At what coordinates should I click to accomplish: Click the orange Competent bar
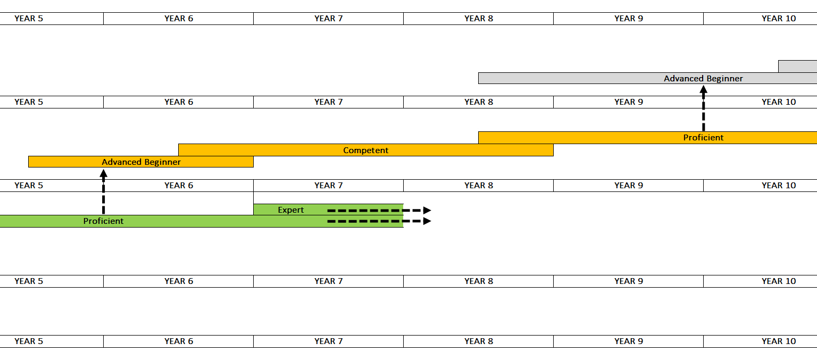point(366,150)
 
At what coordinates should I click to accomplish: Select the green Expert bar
point(328,210)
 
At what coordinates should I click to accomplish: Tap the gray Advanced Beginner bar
point(647,78)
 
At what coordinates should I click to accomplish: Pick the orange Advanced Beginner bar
point(141,162)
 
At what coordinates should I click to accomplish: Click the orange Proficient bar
point(647,138)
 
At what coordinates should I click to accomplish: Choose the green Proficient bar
point(202,221)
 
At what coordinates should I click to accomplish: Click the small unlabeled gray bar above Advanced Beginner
point(798,66)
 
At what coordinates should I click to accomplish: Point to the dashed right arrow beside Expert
point(379,211)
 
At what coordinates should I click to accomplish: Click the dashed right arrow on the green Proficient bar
point(379,221)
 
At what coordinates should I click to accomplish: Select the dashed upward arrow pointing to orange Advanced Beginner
point(104,192)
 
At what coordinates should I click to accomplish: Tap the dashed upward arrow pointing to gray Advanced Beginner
point(704,108)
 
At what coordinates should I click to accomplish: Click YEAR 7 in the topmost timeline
point(329,19)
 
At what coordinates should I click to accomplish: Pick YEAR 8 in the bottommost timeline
point(479,341)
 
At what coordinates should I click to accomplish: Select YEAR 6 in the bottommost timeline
point(179,341)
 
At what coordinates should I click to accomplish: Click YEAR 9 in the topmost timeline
point(629,19)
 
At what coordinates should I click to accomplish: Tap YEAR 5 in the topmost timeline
point(29,19)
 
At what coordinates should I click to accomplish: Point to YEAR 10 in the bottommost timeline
point(779,341)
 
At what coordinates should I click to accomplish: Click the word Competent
point(366,150)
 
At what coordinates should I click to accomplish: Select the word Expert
point(291,210)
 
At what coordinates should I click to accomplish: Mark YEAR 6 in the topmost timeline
point(179,19)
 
